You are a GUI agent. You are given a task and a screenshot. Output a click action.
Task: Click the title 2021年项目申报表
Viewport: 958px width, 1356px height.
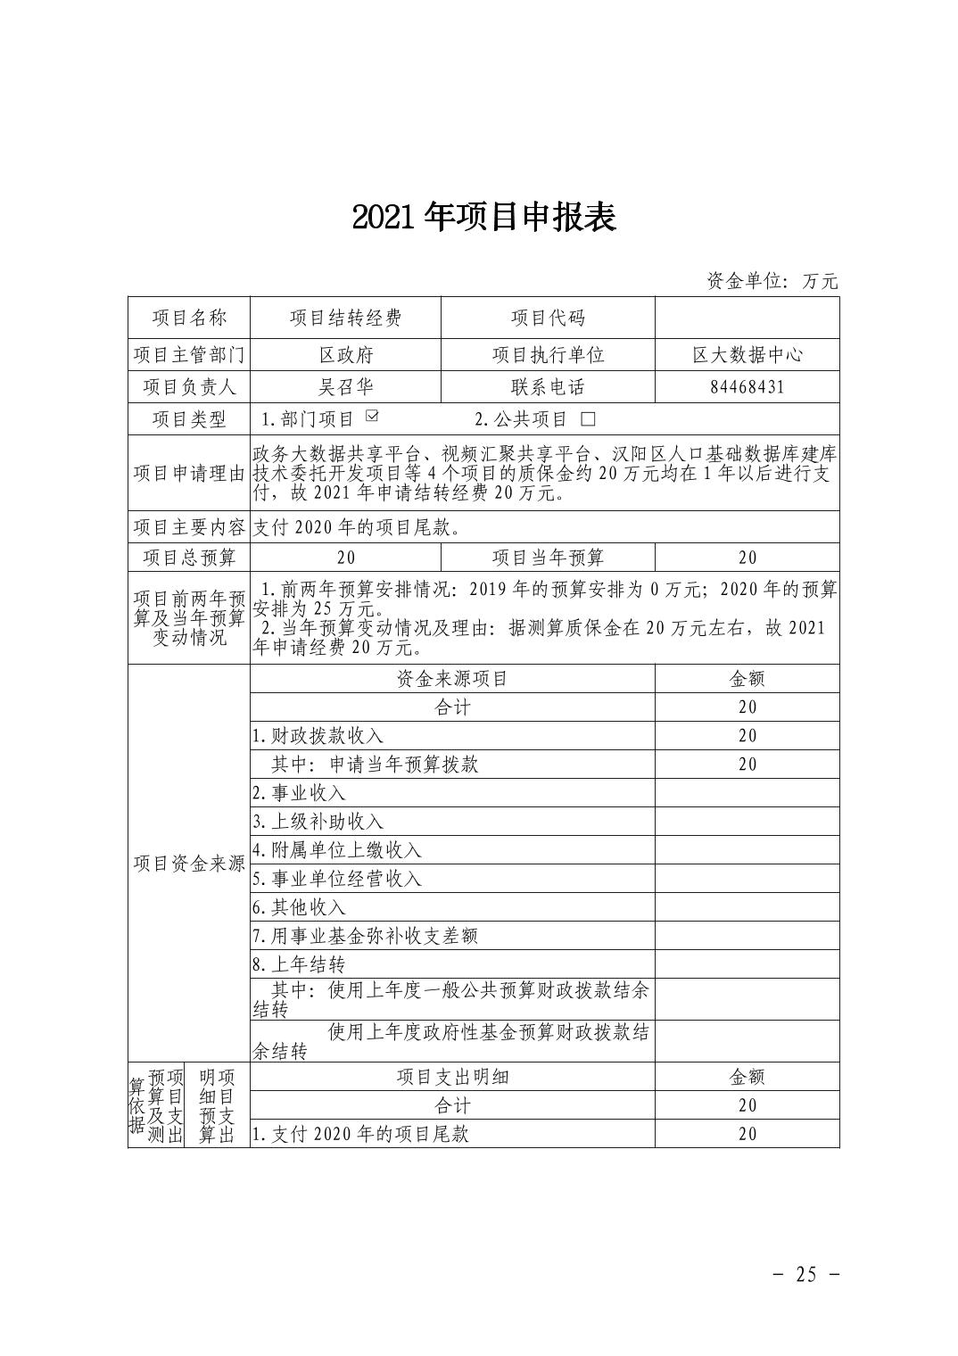tap(484, 217)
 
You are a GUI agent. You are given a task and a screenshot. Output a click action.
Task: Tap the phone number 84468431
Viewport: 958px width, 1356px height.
tap(747, 386)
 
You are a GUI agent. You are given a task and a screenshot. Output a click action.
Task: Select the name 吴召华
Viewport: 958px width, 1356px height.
tap(346, 386)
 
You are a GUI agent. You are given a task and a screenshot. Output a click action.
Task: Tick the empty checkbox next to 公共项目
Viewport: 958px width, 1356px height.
tap(587, 418)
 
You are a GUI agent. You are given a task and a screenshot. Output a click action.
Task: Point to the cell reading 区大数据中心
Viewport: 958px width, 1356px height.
tap(747, 354)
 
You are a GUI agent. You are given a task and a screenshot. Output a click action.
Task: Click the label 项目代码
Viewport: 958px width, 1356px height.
tap(548, 318)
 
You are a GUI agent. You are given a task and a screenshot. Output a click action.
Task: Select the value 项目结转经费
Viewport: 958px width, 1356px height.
tap(346, 318)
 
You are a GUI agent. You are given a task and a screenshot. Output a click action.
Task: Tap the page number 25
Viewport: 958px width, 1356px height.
tap(805, 1274)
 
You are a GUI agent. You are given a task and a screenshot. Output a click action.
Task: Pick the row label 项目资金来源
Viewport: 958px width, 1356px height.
tap(189, 863)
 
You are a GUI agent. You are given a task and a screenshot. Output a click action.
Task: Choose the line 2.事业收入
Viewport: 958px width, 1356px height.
tap(299, 792)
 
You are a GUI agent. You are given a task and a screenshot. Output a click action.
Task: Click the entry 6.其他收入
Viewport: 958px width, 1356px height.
tap(299, 906)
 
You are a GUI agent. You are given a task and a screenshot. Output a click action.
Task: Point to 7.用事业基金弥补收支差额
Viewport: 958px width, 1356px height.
tap(365, 935)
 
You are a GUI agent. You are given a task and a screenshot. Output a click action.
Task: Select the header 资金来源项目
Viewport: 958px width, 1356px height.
tap(452, 678)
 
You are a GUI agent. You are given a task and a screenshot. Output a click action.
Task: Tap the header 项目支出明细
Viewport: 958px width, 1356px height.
tap(452, 1076)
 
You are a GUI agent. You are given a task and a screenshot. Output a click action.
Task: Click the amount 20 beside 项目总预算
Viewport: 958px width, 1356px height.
tap(346, 558)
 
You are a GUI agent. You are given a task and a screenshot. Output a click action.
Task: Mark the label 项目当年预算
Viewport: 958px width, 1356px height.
tap(548, 558)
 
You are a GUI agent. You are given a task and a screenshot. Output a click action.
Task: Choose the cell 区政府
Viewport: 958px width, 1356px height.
tap(346, 354)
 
